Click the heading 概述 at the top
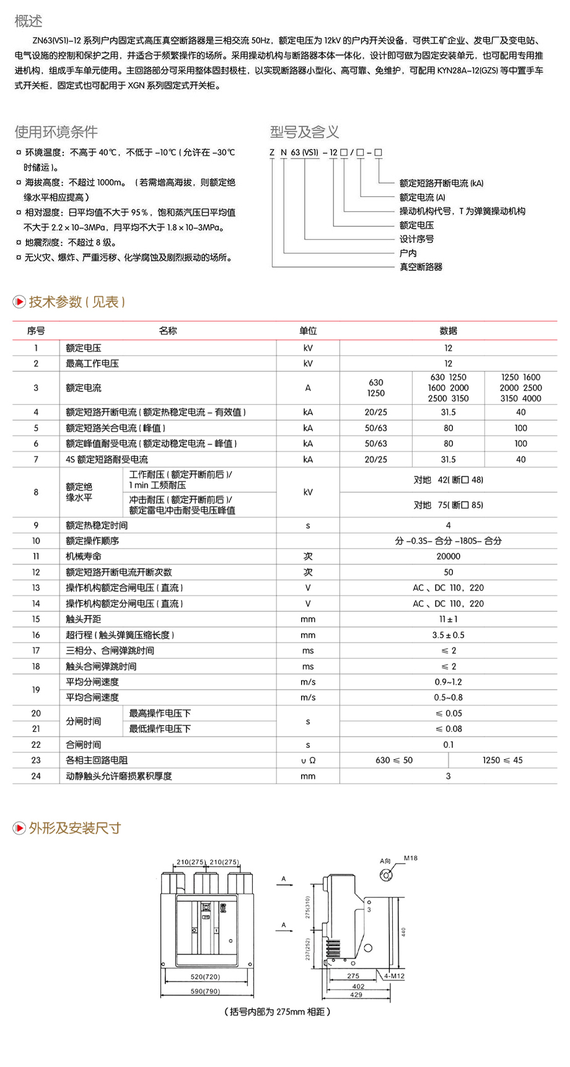coord(28,21)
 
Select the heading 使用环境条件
coord(56,132)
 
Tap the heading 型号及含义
coord(304,132)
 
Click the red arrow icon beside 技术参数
coord(19,302)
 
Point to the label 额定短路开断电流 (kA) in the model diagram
coord(441,183)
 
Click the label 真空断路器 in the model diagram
coord(421,267)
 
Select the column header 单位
coord(308,331)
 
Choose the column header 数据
coord(448,331)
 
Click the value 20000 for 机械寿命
coord(448,556)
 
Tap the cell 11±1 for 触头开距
coord(448,619)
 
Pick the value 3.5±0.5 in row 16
coord(448,635)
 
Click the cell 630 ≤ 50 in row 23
coord(394,760)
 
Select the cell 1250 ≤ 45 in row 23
coord(502,760)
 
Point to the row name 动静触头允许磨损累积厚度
coord(119,776)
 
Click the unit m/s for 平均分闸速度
coord(308,682)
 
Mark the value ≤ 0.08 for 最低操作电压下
coord(448,729)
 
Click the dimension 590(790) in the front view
coord(205,991)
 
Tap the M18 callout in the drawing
coord(411,858)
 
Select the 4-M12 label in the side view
coord(394,976)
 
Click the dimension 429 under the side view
coord(356,995)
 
